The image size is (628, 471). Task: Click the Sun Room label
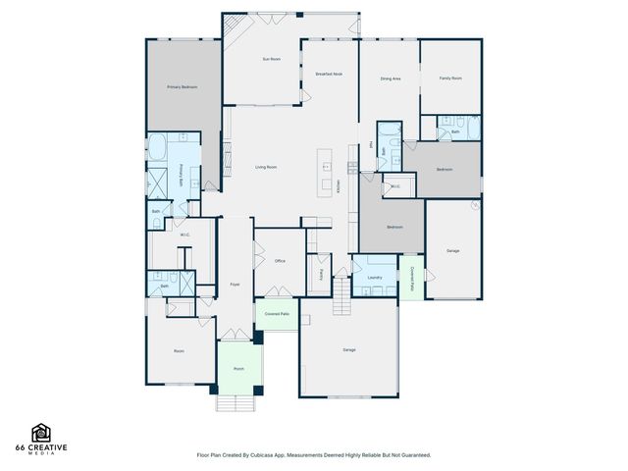pyautogui.click(x=272, y=60)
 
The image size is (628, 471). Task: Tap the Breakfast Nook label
pyautogui.click(x=329, y=75)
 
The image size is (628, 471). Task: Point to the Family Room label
pyautogui.click(x=450, y=78)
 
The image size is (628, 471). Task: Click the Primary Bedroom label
pyautogui.click(x=182, y=87)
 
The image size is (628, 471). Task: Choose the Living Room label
pyautogui.click(x=266, y=168)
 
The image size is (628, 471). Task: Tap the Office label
pyautogui.click(x=280, y=261)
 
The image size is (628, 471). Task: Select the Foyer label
pyautogui.click(x=235, y=285)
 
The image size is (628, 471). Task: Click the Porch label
pyautogui.click(x=238, y=369)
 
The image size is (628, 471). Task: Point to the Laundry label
pyautogui.click(x=374, y=278)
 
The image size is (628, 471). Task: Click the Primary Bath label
pyautogui.click(x=183, y=171)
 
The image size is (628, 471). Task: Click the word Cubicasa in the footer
pyautogui.click(x=259, y=455)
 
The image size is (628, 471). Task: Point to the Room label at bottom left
pyautogui.click(x=180, y=350)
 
